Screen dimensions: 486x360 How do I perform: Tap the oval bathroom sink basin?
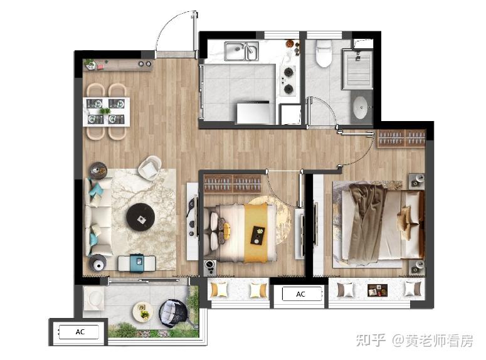[360, 108]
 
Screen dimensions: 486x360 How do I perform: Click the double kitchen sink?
[241, 51]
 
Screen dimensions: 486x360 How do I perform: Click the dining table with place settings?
[107, 112]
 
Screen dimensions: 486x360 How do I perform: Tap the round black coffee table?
[140, 218]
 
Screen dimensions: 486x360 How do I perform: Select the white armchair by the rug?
[149, 167]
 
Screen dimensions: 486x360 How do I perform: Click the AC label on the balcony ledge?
[80, 332]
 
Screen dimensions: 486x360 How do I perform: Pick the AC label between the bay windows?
[300, 294]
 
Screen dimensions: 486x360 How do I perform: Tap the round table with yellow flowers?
[143, 312]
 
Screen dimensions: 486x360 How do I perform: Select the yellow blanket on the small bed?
[256, 233]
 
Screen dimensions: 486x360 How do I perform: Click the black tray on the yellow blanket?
[258, 235]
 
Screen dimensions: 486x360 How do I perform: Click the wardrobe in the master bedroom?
[401, 139]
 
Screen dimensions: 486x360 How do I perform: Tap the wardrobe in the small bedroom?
[233, 184]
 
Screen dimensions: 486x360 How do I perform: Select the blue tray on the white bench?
[137, 263]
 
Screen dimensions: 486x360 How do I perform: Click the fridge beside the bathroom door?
[291, 114]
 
